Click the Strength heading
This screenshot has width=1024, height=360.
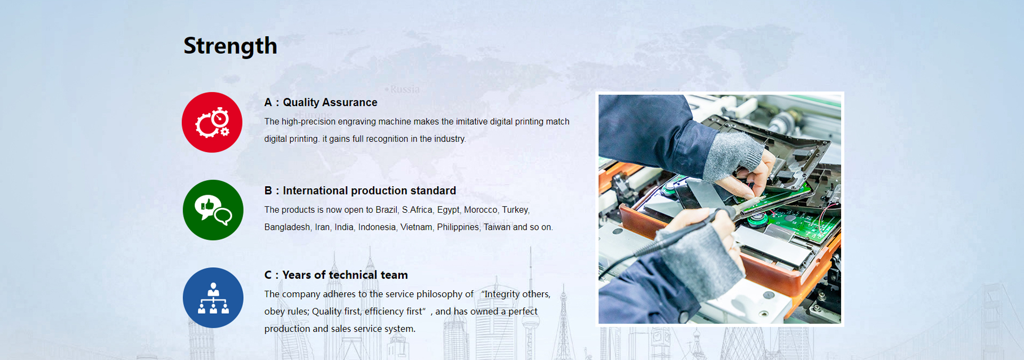click(x=230, y=46)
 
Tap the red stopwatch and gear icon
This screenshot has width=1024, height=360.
click(x=212, y=122)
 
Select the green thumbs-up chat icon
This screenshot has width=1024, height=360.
click(x=213, y=210)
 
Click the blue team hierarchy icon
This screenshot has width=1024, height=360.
click(x=213, y=298)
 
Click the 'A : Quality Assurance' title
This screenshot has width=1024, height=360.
click(x=321, y=102)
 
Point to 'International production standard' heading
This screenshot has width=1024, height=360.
click(x=369, y=190)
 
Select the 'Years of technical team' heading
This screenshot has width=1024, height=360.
click(x=345, y=275)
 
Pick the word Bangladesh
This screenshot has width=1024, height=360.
click(x=287, y=227)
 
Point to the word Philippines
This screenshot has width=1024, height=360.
click(x=458, y=227)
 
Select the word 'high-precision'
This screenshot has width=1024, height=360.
click(x=308, y=122)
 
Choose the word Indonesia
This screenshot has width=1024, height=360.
click(x=377, y=227)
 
